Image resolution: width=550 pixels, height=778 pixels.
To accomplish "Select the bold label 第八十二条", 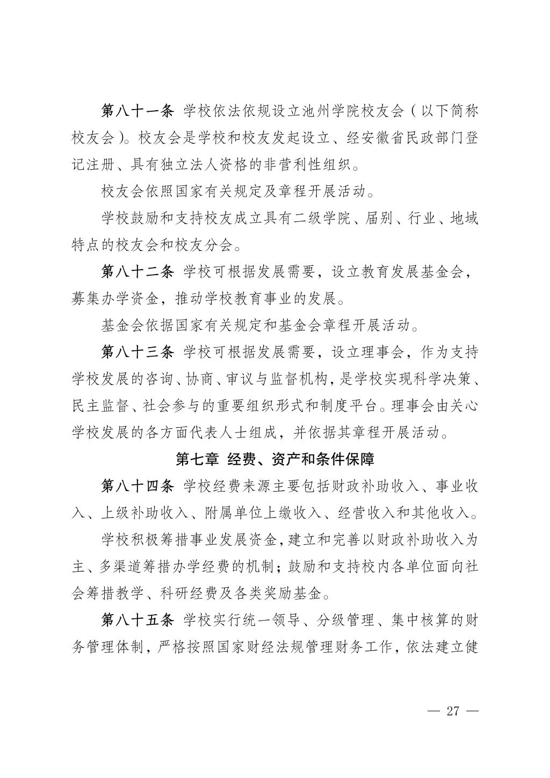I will [137, 271].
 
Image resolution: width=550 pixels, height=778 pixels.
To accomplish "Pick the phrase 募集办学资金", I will [115, 298].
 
